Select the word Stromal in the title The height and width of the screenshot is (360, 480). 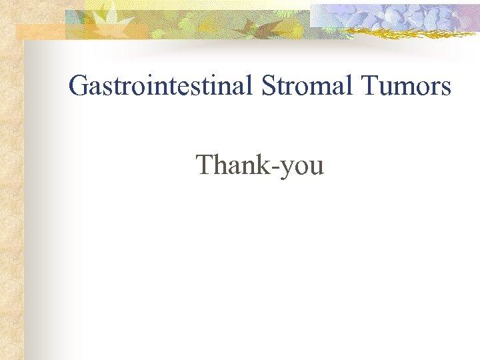[x=303, y=86]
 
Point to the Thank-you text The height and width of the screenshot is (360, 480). [x=260, y=165]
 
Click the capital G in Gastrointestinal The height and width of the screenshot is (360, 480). [x=79, y=86]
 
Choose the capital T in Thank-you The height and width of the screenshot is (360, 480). [x=205, y=165]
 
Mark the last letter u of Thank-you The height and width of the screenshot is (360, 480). [x=317, y=167]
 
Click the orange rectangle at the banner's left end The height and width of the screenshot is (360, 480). [x=40, y=31]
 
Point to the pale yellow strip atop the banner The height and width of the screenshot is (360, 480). [x=200, y=4]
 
